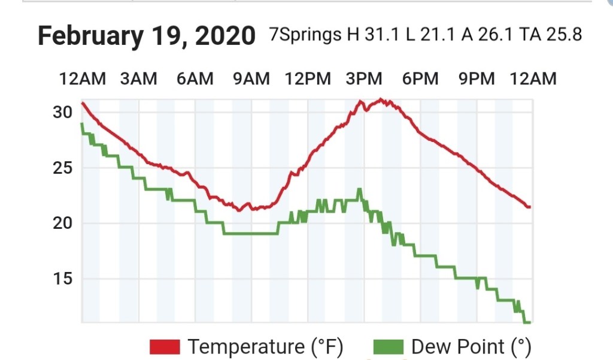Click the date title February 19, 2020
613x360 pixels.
pyautogui.click(x=147, y=36)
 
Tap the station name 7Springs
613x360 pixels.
pyautogui.click(x=305, y=35)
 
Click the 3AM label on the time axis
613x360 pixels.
pyautogui.click(x=139, y=78)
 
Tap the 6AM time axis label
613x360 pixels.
pyautogui.click(x=195, y=78)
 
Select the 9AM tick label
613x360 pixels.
pyautogui.click(x=251, y=78)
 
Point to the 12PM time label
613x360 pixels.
pyautogui.click(x=308, y=78)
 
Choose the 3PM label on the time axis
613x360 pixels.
pyautogui.click(x=364, y=78)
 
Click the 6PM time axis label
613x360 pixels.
pyautogui.click(x=420, y=78)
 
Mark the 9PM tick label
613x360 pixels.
pyautogui.click(x=477, y=78)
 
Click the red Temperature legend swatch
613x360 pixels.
pyautogui.click(x=165, y=346)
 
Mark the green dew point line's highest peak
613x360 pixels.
pyautogui.click(x=359, y=190)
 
